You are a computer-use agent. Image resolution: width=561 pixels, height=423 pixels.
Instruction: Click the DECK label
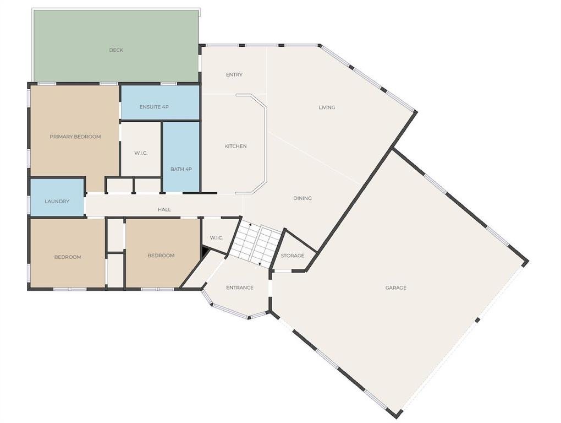pos(116,50)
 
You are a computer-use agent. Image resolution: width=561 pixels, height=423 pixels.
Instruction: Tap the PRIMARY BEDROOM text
pos(75,137)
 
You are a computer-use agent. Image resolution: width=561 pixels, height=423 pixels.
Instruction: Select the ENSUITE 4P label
pos(154,107)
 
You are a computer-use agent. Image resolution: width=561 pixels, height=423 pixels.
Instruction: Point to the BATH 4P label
pos(182,169)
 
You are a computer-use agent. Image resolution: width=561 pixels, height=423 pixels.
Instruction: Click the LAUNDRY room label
pos(57,201)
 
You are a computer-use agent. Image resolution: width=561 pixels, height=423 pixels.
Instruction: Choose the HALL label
pos(164,209)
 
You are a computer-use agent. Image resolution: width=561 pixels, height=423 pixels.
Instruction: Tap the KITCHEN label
pos(235,146)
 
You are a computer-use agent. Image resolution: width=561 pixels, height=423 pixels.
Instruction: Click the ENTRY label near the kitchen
pos(234,74)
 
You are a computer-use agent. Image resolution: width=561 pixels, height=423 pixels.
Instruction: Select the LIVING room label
pos(327,107)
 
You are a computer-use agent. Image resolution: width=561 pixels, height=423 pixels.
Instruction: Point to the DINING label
pos(302,198)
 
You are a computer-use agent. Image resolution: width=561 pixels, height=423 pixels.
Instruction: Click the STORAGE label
pos(292,256)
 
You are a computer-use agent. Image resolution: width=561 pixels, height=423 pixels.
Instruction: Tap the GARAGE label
pos(395,288)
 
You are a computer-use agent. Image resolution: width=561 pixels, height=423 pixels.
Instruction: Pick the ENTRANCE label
pos(240,288)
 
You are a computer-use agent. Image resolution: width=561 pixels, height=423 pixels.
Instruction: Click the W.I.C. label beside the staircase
pos(217,238)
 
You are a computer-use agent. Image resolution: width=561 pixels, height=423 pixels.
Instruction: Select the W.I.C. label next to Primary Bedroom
pos(141,153)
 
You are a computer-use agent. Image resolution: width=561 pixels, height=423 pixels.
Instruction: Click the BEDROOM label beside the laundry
pos(68,257)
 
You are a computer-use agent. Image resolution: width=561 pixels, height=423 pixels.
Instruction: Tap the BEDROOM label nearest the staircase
pos(161,256)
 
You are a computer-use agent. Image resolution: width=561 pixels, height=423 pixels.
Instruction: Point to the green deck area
pos(116,46)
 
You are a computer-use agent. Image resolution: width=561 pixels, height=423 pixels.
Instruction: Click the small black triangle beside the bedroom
pos(205,252)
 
